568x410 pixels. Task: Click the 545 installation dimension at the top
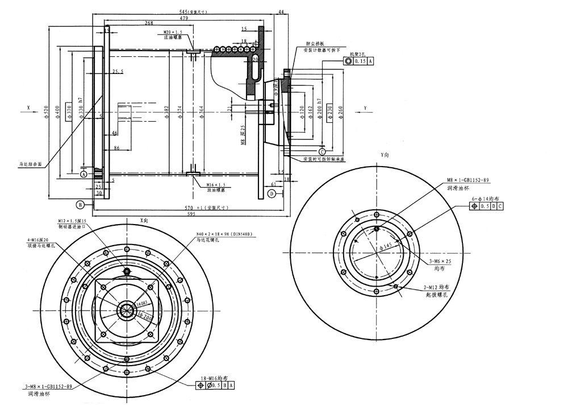point(187,11)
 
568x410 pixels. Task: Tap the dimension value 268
point(149,23)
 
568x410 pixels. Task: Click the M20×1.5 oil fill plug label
point(173,32)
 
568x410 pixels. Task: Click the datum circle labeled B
point(81,203)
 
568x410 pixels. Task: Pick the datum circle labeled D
point(272,194)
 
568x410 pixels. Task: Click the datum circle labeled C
point(322,152)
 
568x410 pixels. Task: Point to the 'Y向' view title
point(385,155)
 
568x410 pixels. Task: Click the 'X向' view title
point(144,220)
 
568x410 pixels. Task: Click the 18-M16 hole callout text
point(214,378)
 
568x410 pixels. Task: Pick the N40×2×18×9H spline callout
point(224,234)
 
